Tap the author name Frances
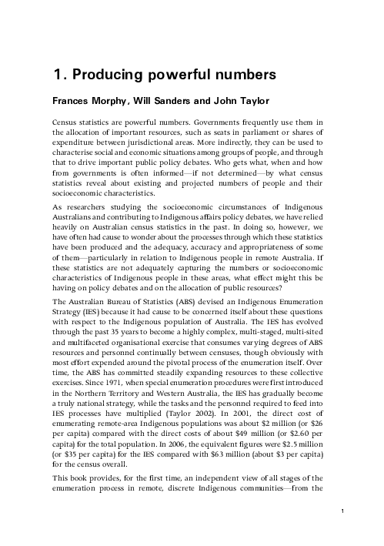click(x=72, y=101)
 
